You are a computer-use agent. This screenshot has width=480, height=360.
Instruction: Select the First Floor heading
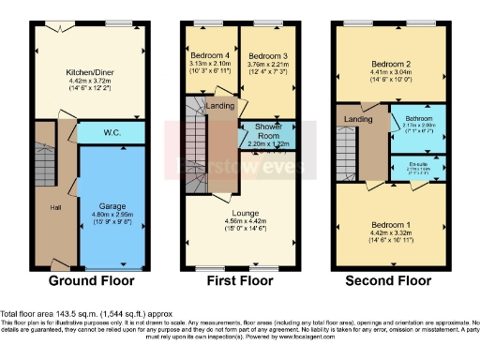point(239,280)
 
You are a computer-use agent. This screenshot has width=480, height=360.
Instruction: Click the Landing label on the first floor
point(221,106)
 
